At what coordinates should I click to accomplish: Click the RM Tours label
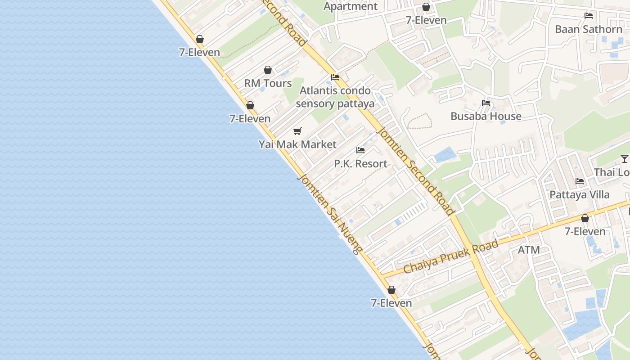pos(268,83)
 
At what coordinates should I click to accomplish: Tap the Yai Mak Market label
pos(297,144)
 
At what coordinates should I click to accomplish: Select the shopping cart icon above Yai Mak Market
pos(297,131)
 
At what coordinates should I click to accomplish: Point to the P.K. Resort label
pos(360,164)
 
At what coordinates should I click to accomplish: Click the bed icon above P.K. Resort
pos(360,150)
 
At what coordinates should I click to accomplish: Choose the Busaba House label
pos(486,116)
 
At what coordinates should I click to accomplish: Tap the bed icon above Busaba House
pos(486,103)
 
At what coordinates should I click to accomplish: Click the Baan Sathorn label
pos(589,29)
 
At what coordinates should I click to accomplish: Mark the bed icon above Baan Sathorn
pos(589,16)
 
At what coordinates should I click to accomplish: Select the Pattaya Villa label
pos(580,195)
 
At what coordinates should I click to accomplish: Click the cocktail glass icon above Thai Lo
pos(624,158)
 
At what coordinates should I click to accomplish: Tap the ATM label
pos(529,250)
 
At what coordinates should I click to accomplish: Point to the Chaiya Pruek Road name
pos(451,257)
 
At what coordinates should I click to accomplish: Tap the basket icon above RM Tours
pos(268,70)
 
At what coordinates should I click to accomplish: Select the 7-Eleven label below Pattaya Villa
pos(585,232)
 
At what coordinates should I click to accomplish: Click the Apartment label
pos(351,6)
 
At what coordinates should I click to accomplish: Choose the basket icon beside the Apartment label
pos(426,7)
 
